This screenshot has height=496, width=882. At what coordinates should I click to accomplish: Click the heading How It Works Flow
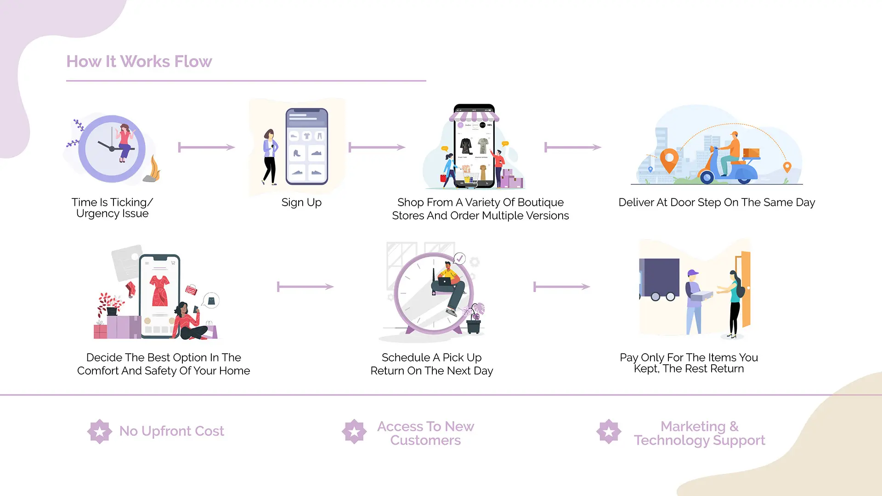[139, 62]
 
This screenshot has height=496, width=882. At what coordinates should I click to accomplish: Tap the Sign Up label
[301, 203]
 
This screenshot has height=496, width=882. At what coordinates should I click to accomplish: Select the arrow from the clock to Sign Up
[207, 147]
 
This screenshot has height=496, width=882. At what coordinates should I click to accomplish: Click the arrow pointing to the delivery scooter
[573, 147]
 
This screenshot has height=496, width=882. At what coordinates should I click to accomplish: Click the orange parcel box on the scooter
[751, 153]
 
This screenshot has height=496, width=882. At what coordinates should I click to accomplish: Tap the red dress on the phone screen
[160, 291]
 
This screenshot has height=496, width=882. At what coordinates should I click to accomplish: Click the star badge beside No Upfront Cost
[100, 431]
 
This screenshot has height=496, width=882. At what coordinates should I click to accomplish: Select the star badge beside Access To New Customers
[354, 431]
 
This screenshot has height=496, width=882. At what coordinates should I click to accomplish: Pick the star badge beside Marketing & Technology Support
[609, 431]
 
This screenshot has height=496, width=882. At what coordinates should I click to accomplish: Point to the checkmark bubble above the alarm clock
[459, 259]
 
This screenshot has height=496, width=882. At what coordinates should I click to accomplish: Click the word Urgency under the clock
[98, 214]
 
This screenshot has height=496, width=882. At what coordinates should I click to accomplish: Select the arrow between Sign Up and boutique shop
[377, 147]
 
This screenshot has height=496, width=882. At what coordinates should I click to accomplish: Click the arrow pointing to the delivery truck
[562, 287]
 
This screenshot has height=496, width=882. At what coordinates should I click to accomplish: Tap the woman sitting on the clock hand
[124, 142]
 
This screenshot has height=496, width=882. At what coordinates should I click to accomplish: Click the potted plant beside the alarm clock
[473, 318]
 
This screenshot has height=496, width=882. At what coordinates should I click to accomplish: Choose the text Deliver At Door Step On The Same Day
[717, 203]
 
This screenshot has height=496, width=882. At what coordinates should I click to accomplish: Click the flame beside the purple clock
[154, 169]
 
